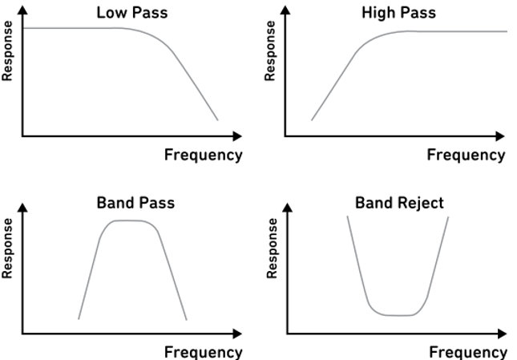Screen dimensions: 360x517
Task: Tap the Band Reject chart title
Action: [398, 203]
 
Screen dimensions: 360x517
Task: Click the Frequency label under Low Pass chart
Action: [203, 155]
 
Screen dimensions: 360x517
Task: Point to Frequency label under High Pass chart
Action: [467, 155]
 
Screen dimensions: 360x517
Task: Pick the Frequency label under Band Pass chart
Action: [203, 351]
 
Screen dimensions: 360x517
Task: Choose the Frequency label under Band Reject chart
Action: [468, 351]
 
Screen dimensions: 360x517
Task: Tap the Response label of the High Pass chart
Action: [272, 52]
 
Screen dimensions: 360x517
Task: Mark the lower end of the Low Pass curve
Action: [217, 120]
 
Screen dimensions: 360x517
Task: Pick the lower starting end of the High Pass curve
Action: [312, 119]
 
